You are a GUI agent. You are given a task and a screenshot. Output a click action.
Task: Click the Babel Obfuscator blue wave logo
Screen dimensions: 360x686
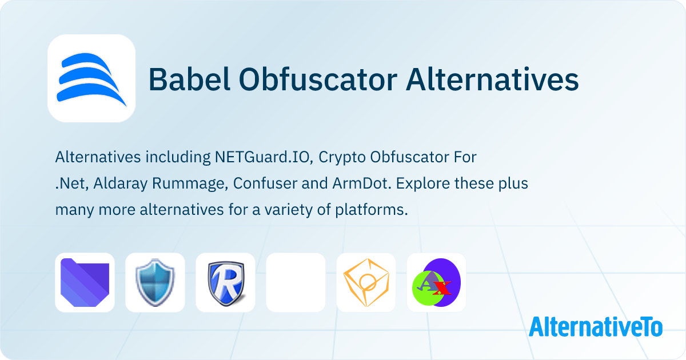[91, 79]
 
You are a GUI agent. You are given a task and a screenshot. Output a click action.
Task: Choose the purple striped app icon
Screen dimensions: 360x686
[85, 283]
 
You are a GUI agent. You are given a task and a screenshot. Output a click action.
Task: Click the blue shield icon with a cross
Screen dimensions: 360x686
[155, 283]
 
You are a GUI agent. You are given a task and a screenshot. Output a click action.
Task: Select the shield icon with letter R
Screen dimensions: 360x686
[225, 283]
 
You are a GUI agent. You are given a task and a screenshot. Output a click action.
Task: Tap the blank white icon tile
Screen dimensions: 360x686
[296, 283]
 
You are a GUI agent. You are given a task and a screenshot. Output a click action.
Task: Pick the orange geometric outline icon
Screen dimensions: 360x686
[366, 283]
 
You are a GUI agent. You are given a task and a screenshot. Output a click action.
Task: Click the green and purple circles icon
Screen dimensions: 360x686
[436, 283]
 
